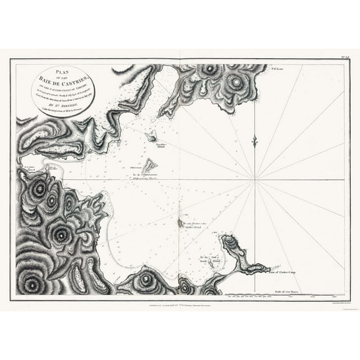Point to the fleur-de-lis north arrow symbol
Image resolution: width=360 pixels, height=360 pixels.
(x=254, y=141)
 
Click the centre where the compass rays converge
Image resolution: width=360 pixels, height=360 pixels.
(x=255, y=181)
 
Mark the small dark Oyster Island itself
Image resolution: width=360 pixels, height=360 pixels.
(x=181, y=222)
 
